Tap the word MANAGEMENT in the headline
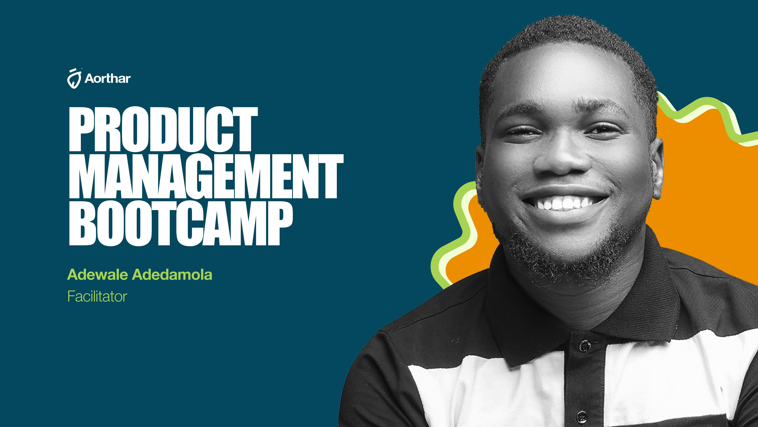[x=206, y=176]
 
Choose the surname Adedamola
[x=172, y=275]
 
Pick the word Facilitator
[x=97, y=296]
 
